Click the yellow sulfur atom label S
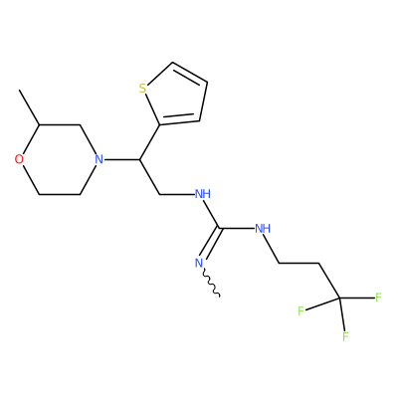[x=142, y=89]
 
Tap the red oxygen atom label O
[x=19, y=159]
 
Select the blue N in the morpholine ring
[x=99, y=159]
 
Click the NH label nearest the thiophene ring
[x=203, y=194]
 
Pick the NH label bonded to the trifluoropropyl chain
[x=263, y=229]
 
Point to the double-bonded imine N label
[x=199, y=263]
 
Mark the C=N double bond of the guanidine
[x=210, y=244]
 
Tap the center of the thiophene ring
[x=177, y=97]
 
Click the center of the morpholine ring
[x=59, y=159]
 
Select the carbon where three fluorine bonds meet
[x=338, y=298]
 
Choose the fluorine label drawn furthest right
[x=378, y=298]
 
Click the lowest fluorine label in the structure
[x=345, y=336]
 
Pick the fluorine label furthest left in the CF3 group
[x=300, y=311]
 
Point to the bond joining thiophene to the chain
[x=149, y=142]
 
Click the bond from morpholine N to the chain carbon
[x=121, y=159]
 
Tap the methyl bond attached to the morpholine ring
[x=30, y=107]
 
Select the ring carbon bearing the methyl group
[x=40, y=125]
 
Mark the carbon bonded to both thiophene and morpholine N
[x=139, y=159]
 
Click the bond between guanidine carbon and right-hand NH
[x=237, y=228]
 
